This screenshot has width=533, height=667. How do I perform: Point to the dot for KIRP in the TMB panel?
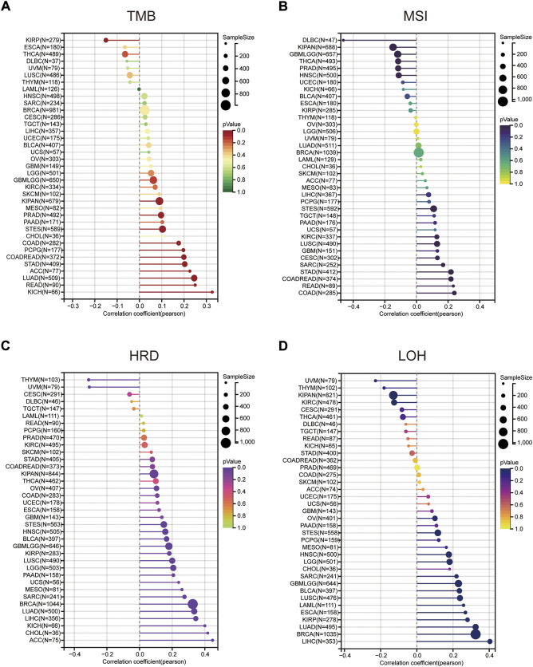click(105, 40)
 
